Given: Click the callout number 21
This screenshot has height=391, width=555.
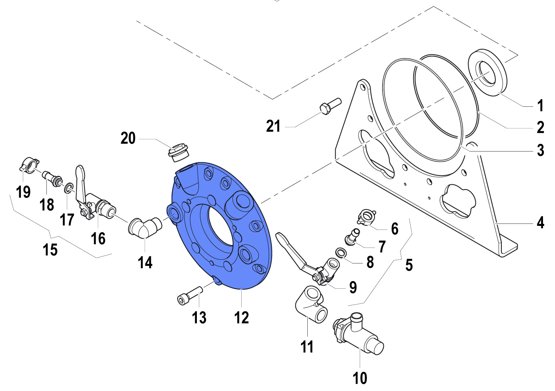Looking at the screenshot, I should (273, 126).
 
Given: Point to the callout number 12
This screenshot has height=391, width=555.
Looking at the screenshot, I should (241, 318).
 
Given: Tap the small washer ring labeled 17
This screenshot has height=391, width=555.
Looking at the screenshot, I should (69, 188).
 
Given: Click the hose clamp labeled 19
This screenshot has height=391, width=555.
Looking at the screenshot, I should (29, 164).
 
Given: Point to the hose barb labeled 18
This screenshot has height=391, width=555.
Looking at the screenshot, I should (52, 178).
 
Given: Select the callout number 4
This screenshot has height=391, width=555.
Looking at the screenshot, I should (540, 222).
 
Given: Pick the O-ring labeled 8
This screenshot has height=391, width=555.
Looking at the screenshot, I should (341, 253).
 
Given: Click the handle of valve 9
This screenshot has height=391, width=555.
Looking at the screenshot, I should (290, 247).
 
